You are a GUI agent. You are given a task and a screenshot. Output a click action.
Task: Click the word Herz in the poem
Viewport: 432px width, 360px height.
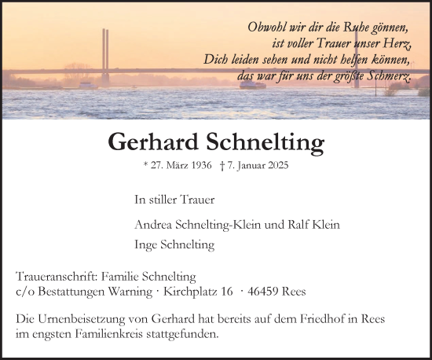tap(395, 43)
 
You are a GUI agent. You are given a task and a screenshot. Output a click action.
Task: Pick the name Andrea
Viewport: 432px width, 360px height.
tap(153, 224)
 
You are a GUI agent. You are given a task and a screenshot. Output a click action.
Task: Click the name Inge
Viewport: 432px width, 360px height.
tap(147, 244)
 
